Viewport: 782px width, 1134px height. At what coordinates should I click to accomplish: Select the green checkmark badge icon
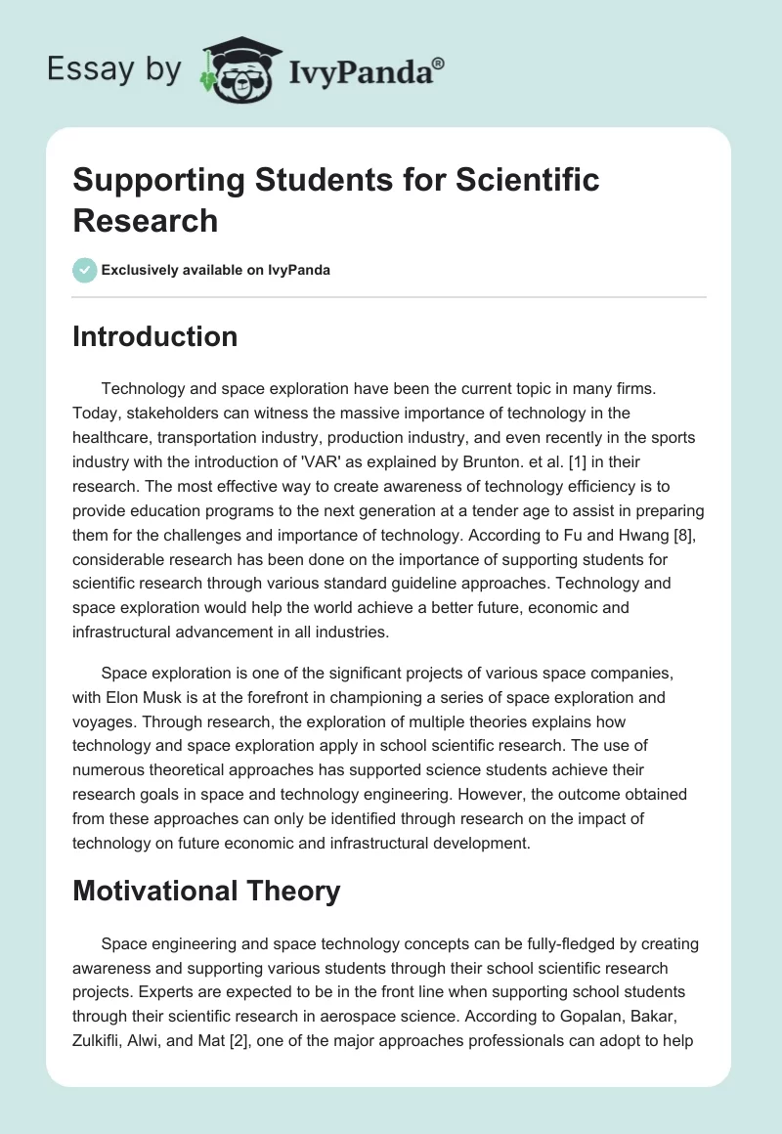point(85,270)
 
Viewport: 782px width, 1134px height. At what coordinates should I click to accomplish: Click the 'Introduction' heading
point(154,336)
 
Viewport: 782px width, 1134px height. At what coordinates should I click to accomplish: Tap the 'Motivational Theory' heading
point(206,891)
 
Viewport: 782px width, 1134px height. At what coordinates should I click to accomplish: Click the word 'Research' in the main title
point(145,220)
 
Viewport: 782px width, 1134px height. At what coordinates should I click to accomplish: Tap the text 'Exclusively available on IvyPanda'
point(217,270)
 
